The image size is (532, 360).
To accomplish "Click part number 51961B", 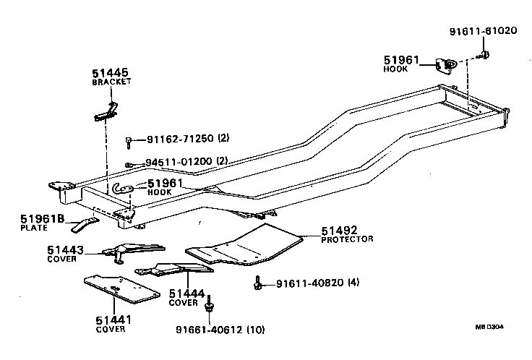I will [x=42, y=218].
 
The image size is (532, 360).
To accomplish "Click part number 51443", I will [x=66, y=250].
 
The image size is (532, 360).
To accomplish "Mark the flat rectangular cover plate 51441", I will [x=121, y=289].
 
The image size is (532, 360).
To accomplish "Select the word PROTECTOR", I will [x=348, y=239].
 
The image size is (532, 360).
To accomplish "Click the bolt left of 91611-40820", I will [x=257, y=283].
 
